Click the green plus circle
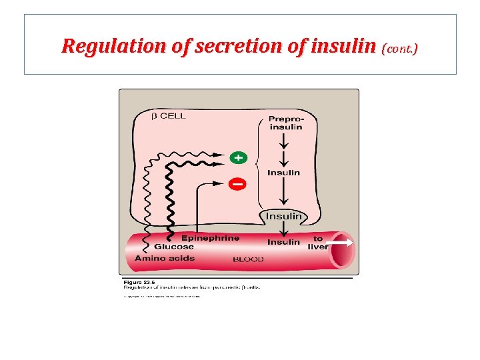238,158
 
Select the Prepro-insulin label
285,123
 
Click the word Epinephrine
210,238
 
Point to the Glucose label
174,247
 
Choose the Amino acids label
165,258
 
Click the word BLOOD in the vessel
248,259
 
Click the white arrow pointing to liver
342,243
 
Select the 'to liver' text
318,243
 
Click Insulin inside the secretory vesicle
284,216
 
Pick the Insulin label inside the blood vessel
283,242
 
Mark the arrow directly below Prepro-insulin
285,141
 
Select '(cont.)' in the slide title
399,48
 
